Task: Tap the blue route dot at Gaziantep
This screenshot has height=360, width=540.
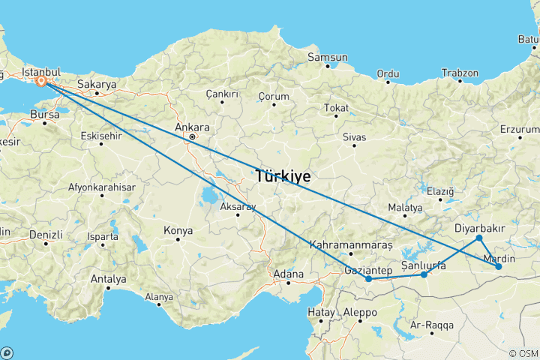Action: coord(369,279)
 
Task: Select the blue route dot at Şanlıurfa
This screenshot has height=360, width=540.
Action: coord(424,274)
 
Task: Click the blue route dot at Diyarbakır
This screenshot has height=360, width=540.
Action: coord(479,238)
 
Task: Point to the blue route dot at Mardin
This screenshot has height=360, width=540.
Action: coord(499,266)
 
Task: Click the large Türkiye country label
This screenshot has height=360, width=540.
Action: coord(283,177)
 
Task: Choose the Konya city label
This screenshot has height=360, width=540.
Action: coord(178,230)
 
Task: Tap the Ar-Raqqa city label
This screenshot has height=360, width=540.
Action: coord(430,325)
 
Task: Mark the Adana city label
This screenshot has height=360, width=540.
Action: coord(289,274)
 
